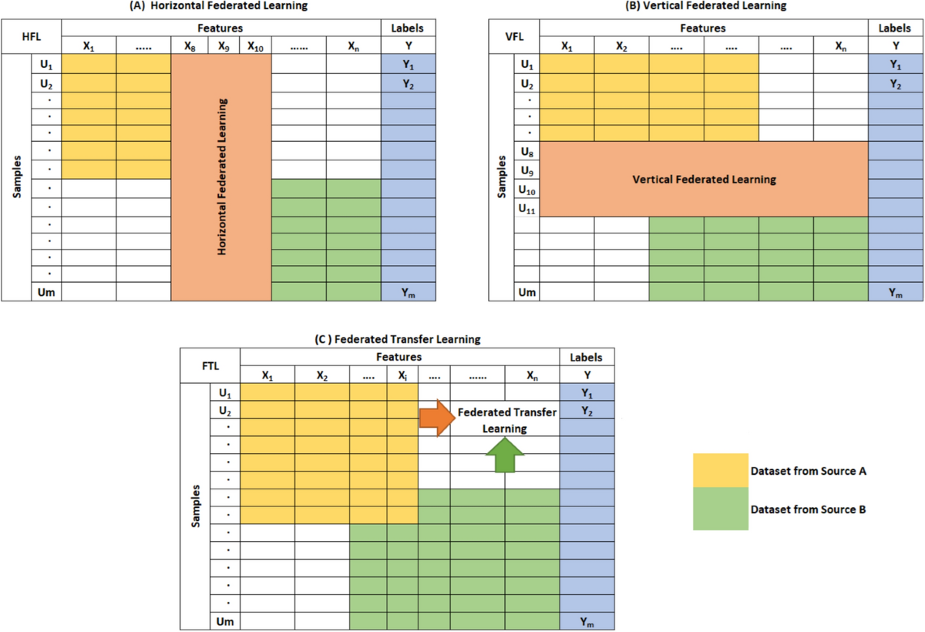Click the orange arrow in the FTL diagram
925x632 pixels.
(x=434, y=418)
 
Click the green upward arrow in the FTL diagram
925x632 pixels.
(x=504, y=455)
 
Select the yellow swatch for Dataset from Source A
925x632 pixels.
(x=720, y=470)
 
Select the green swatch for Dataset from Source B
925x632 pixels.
(x=720, y=509)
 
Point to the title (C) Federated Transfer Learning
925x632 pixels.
(x=398, y=338)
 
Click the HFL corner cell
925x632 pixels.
(x=32, y=36)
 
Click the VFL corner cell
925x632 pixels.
(x=514, y=36)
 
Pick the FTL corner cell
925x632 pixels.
(x=210, y=366)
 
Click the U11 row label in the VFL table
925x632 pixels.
(x=527, y=208)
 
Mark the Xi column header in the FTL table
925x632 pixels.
(x=402, y=376)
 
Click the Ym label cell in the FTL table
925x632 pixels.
(x=587, y=621)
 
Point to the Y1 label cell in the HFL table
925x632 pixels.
(x=408, y=65)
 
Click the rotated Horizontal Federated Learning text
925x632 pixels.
(x=222, y=176)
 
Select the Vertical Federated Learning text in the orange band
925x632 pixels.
(x=704, y=180)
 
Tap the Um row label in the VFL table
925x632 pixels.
(x=527, y=292)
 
